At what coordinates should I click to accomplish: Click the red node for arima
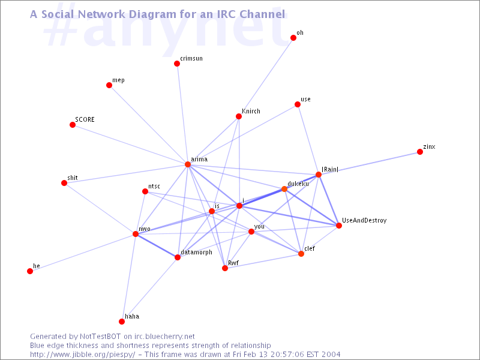(x=188, y=164)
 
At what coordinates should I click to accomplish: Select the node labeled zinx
(x=419, y=152)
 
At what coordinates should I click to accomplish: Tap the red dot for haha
(x=122, y=322)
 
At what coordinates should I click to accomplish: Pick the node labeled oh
(x=293, y=38)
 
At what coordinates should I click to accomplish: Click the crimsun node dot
(x=176, y=64)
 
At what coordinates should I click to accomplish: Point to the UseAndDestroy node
(x=338, y=226)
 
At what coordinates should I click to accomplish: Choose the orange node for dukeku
(x=284, y=189)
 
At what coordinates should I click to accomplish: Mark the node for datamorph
(x=178, y=257)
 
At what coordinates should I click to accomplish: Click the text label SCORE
(x=85, y=119)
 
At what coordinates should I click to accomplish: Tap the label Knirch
(x=251, y=111)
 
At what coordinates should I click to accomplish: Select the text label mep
(x=118, y=80)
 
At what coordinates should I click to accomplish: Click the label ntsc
(x=154, y=186)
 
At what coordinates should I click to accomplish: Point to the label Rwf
(x=233, y=263)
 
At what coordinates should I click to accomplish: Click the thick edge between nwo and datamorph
(x=157, y=245)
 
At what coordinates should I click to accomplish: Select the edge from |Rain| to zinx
(x=369, y=163)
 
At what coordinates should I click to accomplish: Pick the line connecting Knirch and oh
(x=266, y=77)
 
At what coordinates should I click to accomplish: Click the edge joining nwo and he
(x=83, y=253)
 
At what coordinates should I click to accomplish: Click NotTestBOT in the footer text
(x=100, y=337)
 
